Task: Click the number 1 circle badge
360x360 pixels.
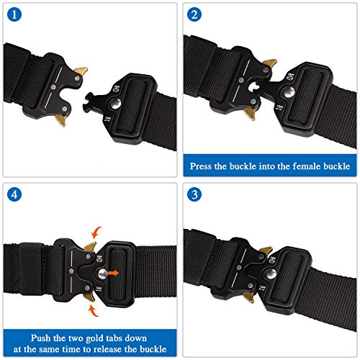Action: [x=15, y=15]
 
